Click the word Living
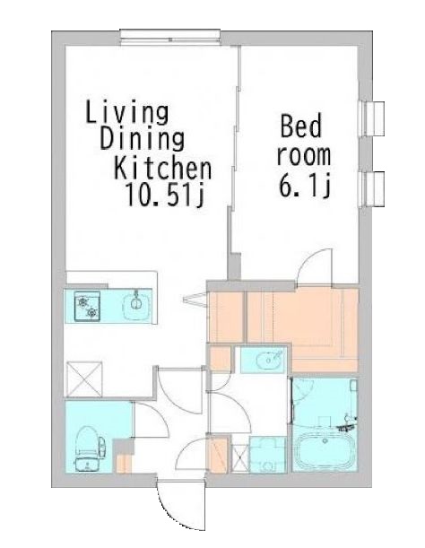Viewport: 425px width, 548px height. tap(127, 112)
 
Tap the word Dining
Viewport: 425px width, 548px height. tap(143, 140)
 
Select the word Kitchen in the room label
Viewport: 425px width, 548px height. tap(163, 169)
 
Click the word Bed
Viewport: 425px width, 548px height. tap(301, 126)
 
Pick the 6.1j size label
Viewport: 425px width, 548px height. tap(305, 186)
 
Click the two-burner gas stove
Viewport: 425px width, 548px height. tap(87, 306)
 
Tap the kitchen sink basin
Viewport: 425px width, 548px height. tap(136, 305)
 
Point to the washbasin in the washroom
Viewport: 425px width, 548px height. tap(269, 360)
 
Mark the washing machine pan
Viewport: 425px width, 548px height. tap(268, 455)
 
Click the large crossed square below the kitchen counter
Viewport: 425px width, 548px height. tap(84, 379)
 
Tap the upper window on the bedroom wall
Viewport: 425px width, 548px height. tap(372, 118)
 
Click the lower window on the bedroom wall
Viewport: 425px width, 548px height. tap(372, 188)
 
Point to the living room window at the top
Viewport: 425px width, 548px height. tap(170, 38)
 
